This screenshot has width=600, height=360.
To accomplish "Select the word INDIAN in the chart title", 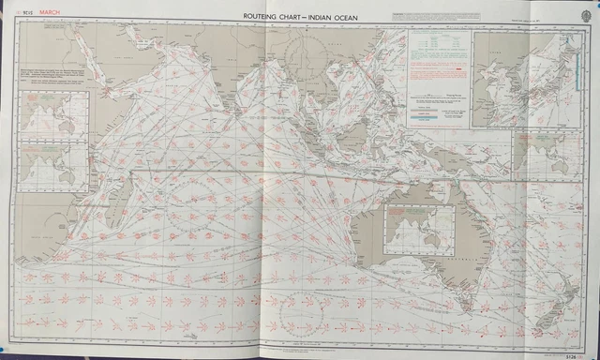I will tap(320, 16).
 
